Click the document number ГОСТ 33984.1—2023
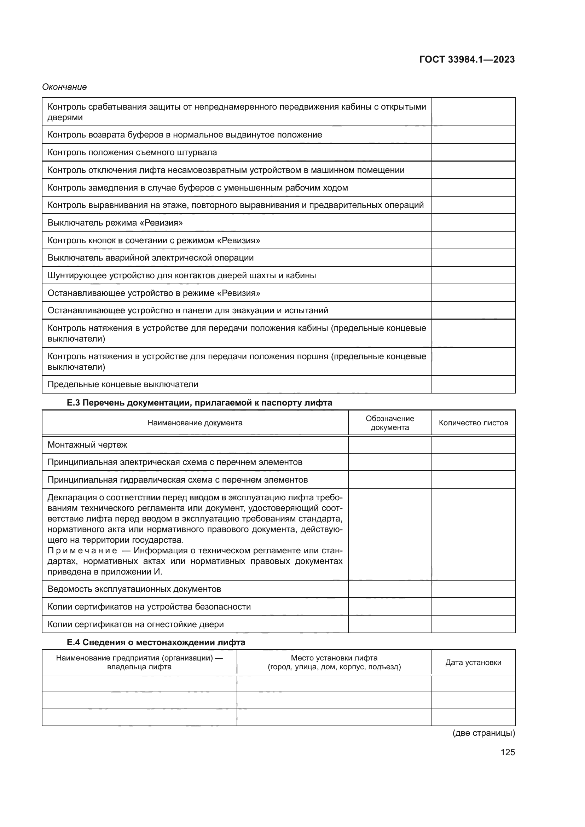click(467, 59)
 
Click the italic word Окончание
click(64, 87)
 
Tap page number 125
click(508, 752)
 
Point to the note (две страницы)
click(484, 733)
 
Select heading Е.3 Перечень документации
click(199, 403)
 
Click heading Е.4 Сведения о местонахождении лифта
click(156, 642)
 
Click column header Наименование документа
click(195, 423)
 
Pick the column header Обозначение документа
click(390, 423)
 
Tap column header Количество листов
click(473, 423)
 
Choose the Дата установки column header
click(473, 662)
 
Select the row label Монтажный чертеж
click(87, 445)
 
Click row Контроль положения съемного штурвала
click(132, 152)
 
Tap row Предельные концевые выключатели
click(123, 384)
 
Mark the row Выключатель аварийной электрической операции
click(151, 258)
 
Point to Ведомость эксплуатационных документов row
click(134, 589)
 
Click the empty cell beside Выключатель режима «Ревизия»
click(473, 223)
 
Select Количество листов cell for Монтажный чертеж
click(473, 445)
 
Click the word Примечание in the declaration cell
click(82, 551)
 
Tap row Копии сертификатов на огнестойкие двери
click(135, 624)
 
